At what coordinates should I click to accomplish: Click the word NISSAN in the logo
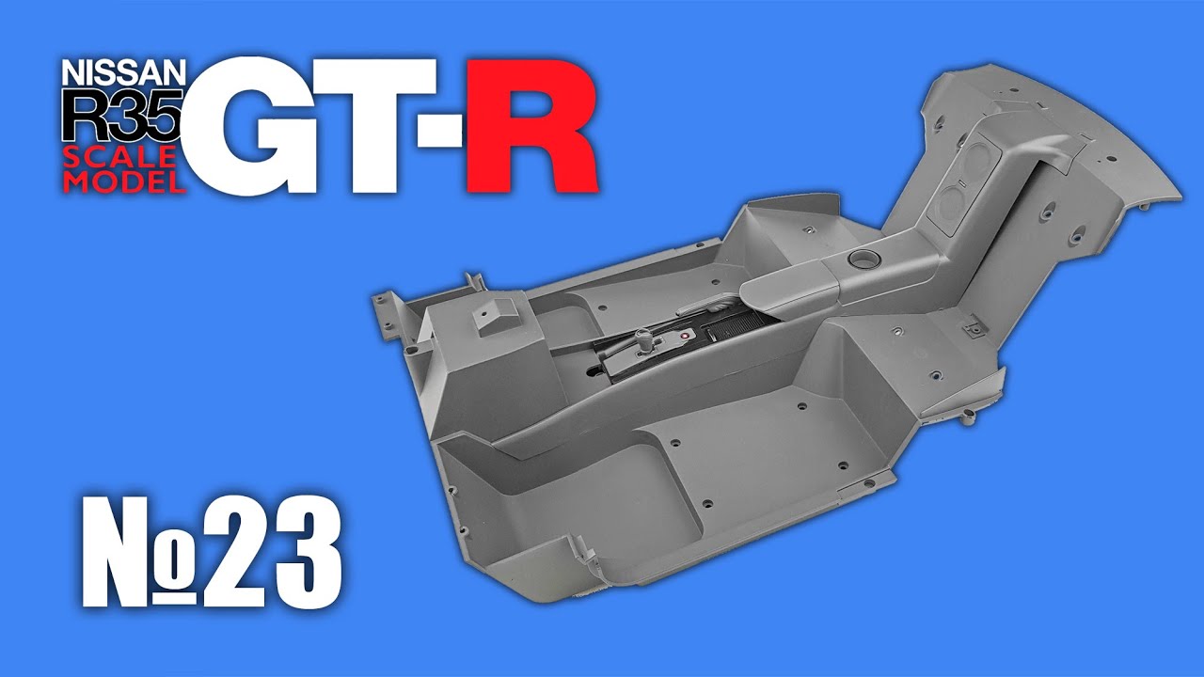[x=123, y=72]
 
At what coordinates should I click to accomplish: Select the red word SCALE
[x=119, y=157]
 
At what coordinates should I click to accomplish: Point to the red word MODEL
[x=124, y=181]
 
